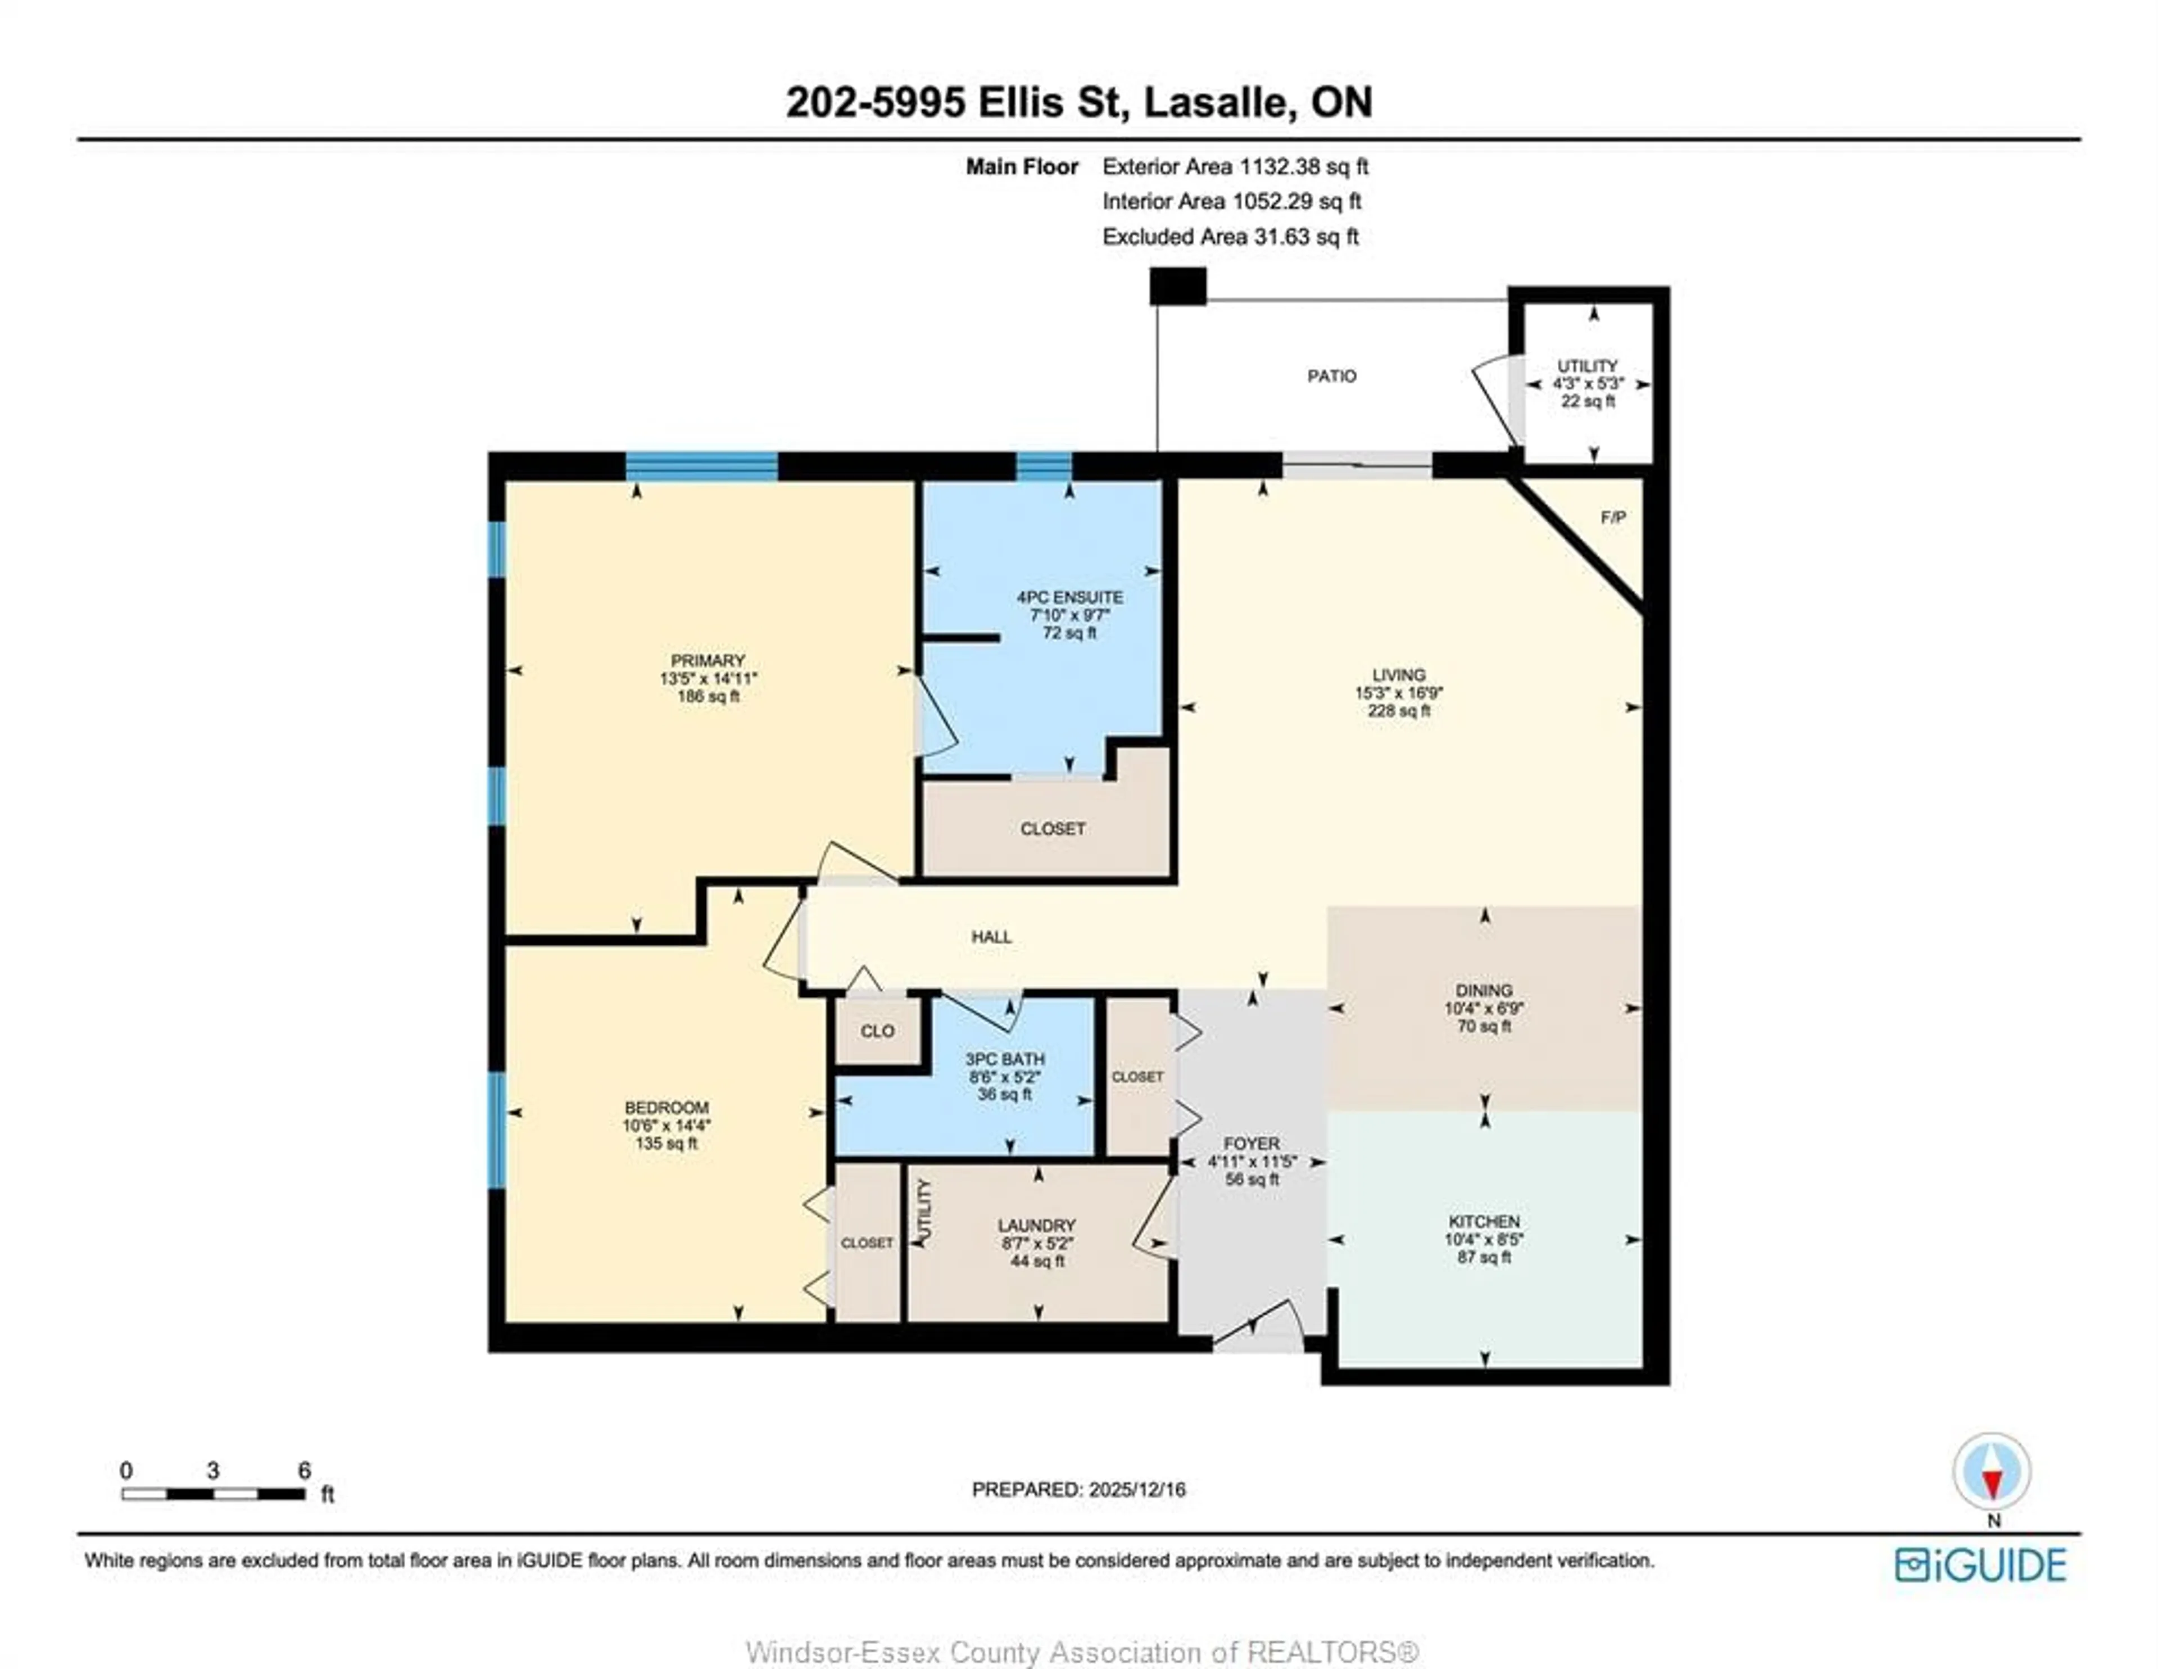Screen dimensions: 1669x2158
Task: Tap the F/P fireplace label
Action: pyautogui.click(x=1612, y=518)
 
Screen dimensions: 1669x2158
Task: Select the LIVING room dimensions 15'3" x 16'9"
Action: pyautogui.click(x=1398, y=693)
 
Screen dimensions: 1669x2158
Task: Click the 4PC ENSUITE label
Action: pyautogui.click(x=1069, y=597)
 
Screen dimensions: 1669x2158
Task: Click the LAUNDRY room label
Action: pyautogui.click(x=1036, y=1225)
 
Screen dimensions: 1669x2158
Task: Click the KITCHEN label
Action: pyautogui.click(x=1483, y=1221)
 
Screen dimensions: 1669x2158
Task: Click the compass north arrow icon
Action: pyautogui.click(x=1991, y=1472)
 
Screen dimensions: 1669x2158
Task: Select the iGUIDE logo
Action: pyautogui.click(x=1980, y=1565)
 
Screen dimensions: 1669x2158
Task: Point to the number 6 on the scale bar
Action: pyautogui.click(x=305, y=1471)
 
